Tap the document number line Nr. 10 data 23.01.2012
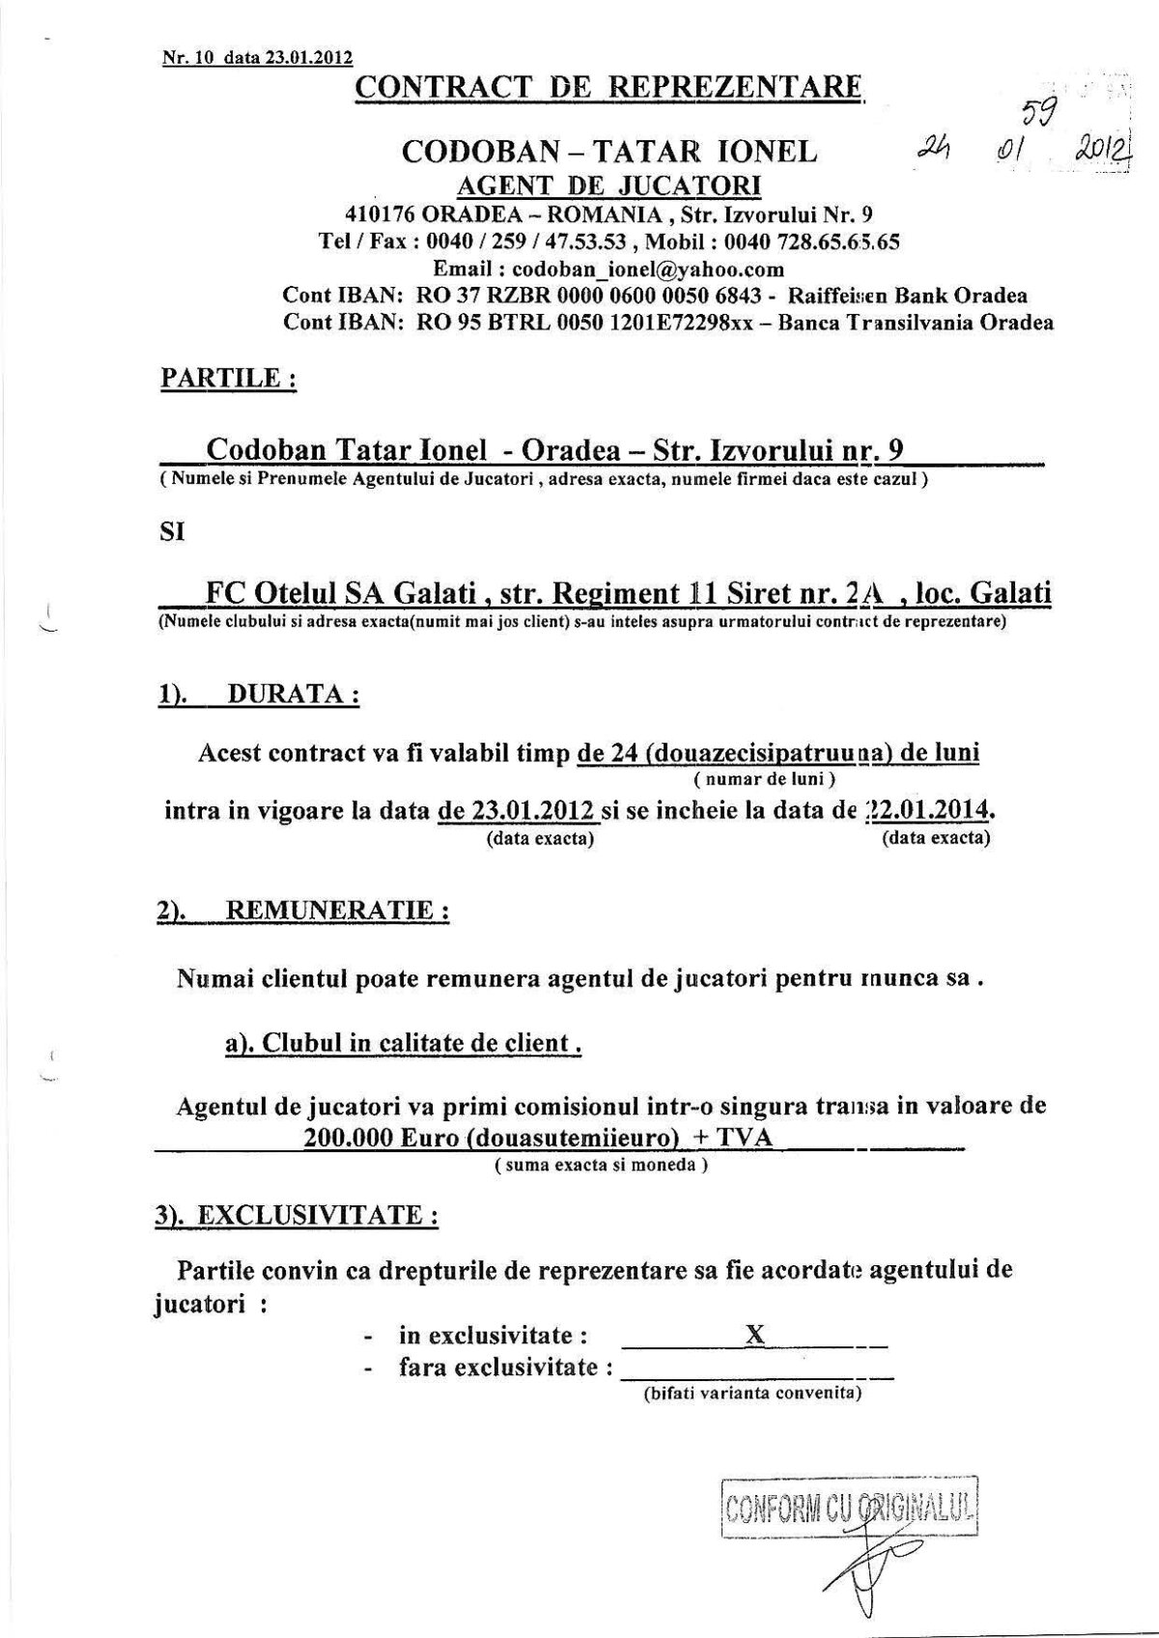(x=257, y=57)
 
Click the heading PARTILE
(x=227, y=378)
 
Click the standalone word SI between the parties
(x=171, y=531)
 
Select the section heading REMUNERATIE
(x=335, y=911)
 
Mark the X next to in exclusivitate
(x=755, y=1335)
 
